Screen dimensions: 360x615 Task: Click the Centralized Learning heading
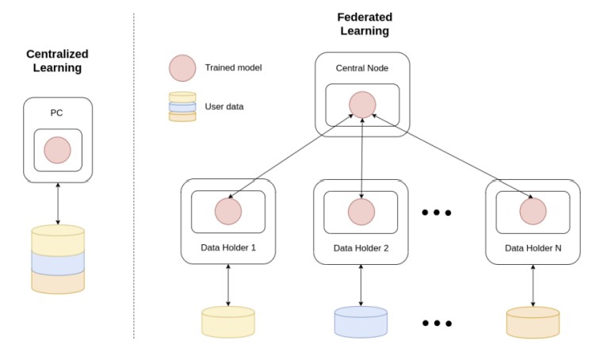pyautogui.click(x=57, y=60)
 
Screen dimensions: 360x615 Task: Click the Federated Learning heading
pyautogui.click(x=365, y=24)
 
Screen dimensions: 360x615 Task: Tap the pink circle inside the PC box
pyautogui.click(x=57, y=149)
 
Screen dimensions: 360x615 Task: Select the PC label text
pyautogui.click(x=57, y=113)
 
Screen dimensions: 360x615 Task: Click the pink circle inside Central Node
pyautogui.click(x=362, y=105)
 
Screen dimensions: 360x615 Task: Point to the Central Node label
pyautogui.click(x=362, y=68)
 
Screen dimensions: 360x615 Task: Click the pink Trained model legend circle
pyautogui.click(x=182, y=68)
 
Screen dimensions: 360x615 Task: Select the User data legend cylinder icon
pyautogui.click(x=182, y=106)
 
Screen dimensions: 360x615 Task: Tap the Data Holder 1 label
pyautogui.click(x=228, y=247)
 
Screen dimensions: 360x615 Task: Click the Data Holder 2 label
pyautogui.click(x=361, y=247)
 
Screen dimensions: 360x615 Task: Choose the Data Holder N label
pyautogui.click(x=533, y=247)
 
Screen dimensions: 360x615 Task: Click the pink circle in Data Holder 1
pyautogui.click(x=228, y=211)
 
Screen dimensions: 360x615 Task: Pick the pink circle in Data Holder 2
pyautogui.click(x=361, y=211)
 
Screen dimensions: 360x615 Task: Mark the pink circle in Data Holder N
pyautogui.click(x=533, y=211)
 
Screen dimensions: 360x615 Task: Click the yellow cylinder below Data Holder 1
pyautogui.click(x=228, y=322)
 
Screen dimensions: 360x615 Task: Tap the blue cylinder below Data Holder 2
pyautogui.click(x=361, y=322)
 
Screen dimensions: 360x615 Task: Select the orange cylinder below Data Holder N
pyautogui.click(x=533, y=322)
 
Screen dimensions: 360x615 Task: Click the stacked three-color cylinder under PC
pyautogui.click(x=57, y=260)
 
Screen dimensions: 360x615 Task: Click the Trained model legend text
pyautogui.click(x=233, y=68)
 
